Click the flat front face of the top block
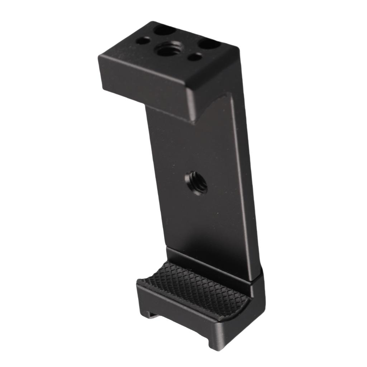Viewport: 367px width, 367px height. click(x=143, y=84)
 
